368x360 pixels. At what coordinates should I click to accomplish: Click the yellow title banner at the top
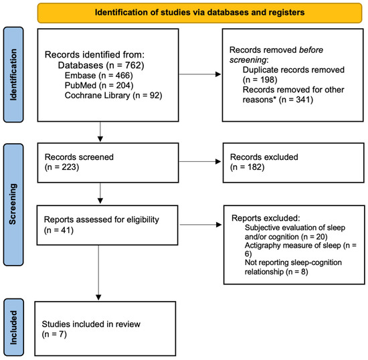pyautogui.click(x=199, y=13)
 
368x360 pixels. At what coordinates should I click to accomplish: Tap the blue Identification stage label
pyautogui.click(x=13, y=75)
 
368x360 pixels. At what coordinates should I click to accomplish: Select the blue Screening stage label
pyautogui.click(x=13, y=204)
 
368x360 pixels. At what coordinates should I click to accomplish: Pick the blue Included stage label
pyautogui.click(x=13, y=327)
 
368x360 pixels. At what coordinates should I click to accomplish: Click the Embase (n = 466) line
pyautogui.click(x=99, y=76)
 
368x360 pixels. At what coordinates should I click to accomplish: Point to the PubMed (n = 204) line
pyautogui.click(x=99, y=85)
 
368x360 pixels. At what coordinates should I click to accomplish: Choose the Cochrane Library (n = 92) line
pyautogui.click(x=113, y=95)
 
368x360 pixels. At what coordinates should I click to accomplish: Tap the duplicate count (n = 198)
pyautogui.click(x=260, y=80)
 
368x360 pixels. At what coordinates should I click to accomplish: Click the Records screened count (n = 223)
pyautogui.click(x=62, y=167)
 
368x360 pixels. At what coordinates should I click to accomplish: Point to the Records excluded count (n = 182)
pyautogui.click(x=247, y=167)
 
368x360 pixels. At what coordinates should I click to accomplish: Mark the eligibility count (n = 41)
pyautogui.click(x=59, y=230)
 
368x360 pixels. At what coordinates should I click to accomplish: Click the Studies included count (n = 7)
pyautogui.click(x=54, y=334)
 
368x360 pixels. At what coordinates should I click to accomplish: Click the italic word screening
pyautogui.click(x=248, y=60)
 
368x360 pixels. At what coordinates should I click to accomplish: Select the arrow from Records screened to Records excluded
pyautogui.click(x=200, y=161)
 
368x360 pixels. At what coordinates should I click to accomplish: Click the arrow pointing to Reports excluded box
pyautogui.click(x=201, y=225)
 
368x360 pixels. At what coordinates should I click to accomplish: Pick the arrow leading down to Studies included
pyautogui.click(x=98, y=273)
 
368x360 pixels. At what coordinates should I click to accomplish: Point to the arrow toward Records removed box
pyautogui.click(x=200, y=74)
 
